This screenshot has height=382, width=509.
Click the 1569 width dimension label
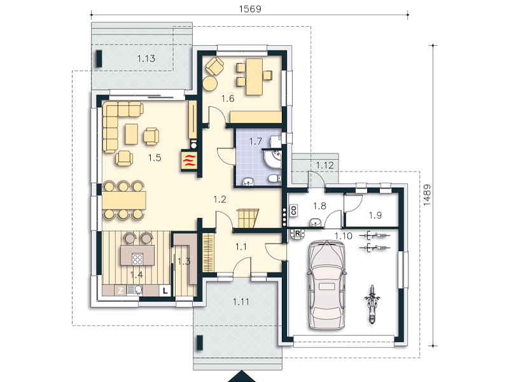click(x=250, y=9)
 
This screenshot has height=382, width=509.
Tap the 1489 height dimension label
click(x=427, y=195)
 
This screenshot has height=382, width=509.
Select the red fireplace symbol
click(x=190, y=160)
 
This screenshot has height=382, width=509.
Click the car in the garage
click(x=326, y=285)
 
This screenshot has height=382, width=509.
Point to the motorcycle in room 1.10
click(x=372, y=304)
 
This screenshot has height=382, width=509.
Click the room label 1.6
click(x=228, y=99)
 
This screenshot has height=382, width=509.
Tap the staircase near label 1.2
click(x=248, y=218)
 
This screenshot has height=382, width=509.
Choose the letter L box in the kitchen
click(x=165, y=290)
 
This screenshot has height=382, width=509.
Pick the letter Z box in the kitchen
click(x=120, y=290)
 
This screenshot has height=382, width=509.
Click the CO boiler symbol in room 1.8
click(x=294, y=210)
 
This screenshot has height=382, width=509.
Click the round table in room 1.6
click(x=210, y=83)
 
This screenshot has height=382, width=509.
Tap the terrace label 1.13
click(x=146, y=59)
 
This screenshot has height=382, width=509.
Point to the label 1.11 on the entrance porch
click(x=241, y=302)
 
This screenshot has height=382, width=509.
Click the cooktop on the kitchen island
click(x=137, y=259)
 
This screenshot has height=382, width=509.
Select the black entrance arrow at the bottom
click(x=242, y=376)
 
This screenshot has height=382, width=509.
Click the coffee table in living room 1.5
click(x=132, y=134)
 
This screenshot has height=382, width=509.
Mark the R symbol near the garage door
click(x=297, y=234)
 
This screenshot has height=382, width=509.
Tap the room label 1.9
click(x=375, y=215)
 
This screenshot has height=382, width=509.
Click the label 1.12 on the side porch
click(x=325, y=166)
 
